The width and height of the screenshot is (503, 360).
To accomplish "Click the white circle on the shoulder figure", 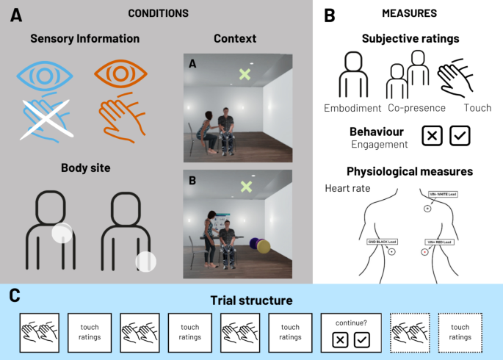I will point(62,233).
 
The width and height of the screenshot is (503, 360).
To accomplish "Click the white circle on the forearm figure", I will point(146,262).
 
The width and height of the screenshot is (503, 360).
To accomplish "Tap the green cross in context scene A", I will point(245,74).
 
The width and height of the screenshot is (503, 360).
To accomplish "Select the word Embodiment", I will point(352,108).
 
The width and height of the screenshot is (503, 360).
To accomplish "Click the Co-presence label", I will point(417,108).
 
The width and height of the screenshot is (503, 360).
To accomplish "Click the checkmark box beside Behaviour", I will point(460,136).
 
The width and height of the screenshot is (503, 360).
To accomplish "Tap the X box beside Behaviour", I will point(432,136).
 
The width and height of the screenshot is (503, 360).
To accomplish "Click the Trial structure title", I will point(250,300).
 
